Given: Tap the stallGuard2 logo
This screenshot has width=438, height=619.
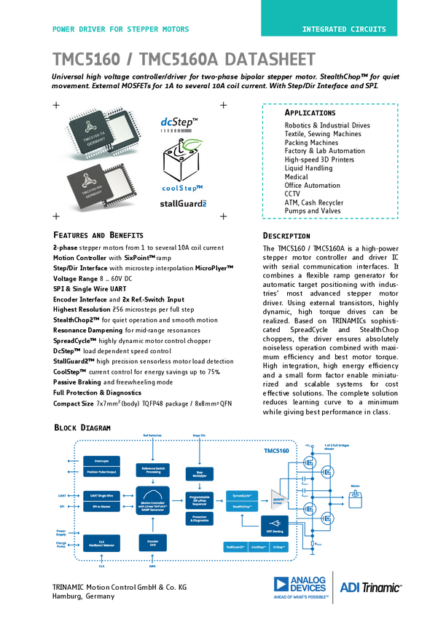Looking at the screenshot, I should point(183,204).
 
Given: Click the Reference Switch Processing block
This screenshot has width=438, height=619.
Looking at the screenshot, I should point(153,470).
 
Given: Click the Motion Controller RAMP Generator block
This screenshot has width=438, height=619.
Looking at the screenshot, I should point(153,504).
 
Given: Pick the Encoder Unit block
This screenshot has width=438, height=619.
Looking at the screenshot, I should point(153,543).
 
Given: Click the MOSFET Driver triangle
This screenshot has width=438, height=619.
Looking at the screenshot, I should point(279,501).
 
